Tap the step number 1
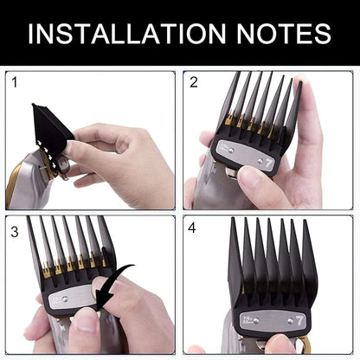(x=15, y=83)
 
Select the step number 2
(x=194, y=83)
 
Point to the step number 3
(x=15, y=232)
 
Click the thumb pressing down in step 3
(x=87, y=329)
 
